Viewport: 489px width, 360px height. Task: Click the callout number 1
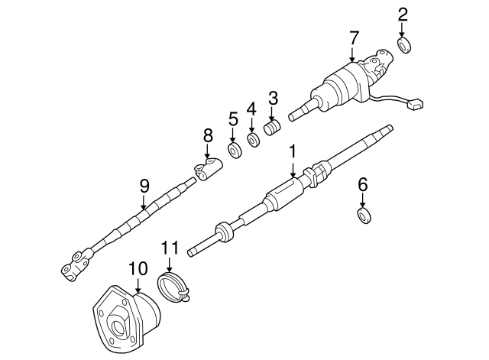click(292, 153)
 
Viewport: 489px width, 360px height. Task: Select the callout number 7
click(352, 37)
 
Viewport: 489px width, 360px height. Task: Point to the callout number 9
click(143, 184)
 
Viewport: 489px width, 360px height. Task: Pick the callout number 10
click(137, 268)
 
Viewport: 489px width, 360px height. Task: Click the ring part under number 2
click(406, 46)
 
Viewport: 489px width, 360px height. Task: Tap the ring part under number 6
click(365, 215)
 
